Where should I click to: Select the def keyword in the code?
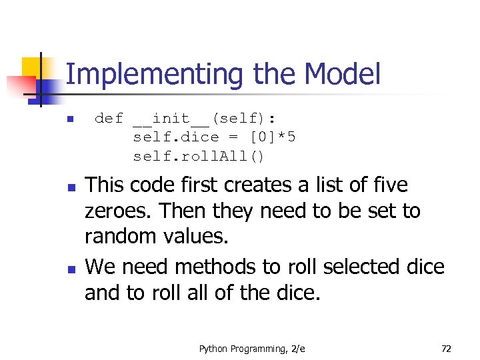[109, 119]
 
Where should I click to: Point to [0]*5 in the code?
[272, 137]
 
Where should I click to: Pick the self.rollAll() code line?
[199, 157]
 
